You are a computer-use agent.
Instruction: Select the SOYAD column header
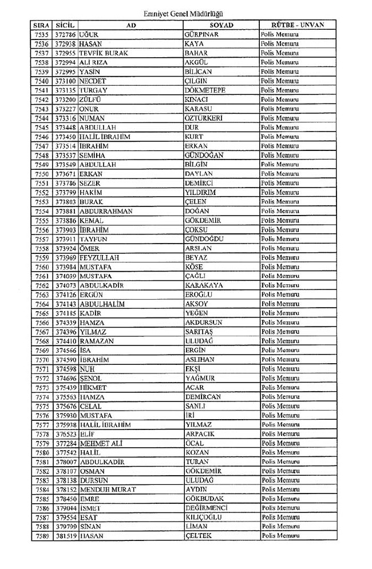click(220, 26)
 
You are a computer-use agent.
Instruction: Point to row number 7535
click(42, 35)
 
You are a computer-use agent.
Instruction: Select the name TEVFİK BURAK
click(104, 53)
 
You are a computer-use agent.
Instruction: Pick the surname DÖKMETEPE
click(205, 90)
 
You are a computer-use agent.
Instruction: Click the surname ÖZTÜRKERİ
click(204, 118)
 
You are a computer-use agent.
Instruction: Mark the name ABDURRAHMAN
click(106, 211)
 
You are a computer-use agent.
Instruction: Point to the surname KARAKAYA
click(204, 285)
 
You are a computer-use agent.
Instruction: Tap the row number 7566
click(42, 323)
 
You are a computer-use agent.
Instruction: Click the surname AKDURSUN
click(204, 323)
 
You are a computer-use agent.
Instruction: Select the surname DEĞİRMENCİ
click(207, 508)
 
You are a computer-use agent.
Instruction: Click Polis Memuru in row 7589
click(280, 535)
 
